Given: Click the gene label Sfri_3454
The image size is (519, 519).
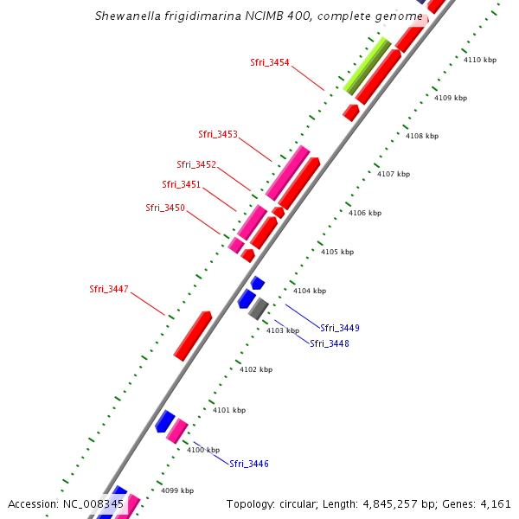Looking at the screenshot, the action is tap(269, 62).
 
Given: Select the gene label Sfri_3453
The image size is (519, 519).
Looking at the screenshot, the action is tap(217, 134).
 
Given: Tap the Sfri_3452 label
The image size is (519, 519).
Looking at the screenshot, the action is tap(196, 164).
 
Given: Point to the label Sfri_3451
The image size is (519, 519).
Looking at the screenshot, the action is tap(181, 184).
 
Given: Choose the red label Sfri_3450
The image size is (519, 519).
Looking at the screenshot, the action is tap(165, 208).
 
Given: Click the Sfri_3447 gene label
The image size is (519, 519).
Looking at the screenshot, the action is tap(109, 289).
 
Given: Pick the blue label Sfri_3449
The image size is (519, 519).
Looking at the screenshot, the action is tap(340, 328).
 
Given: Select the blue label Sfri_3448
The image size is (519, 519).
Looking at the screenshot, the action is tap(330, 343).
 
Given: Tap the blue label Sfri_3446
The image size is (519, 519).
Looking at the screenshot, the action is tap(249, 464).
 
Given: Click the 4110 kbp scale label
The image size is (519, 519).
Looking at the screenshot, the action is tap(480, 60).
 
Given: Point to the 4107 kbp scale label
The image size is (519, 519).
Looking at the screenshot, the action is tap(394, 174).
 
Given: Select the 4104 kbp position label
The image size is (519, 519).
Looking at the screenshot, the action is tap(310, 291).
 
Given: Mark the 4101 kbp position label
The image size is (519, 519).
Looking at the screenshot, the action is tap(229, 410).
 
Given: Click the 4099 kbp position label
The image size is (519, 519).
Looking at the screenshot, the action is tap(177, 490).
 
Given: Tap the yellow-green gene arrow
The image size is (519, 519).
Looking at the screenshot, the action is tap(367, 66).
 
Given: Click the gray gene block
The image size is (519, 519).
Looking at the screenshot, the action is tap(259, 308).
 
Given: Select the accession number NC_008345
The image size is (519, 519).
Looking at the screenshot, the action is tap(99, 503).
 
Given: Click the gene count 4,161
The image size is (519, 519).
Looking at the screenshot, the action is tap(494, 503).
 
